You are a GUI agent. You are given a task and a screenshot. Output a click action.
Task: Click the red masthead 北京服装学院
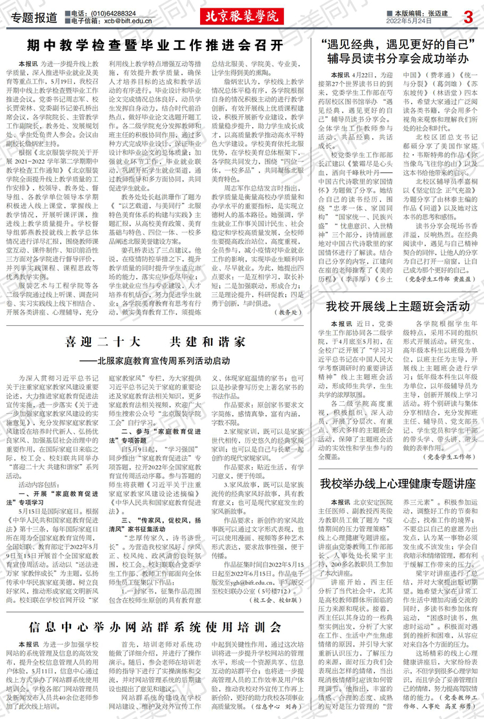[242, 16]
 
